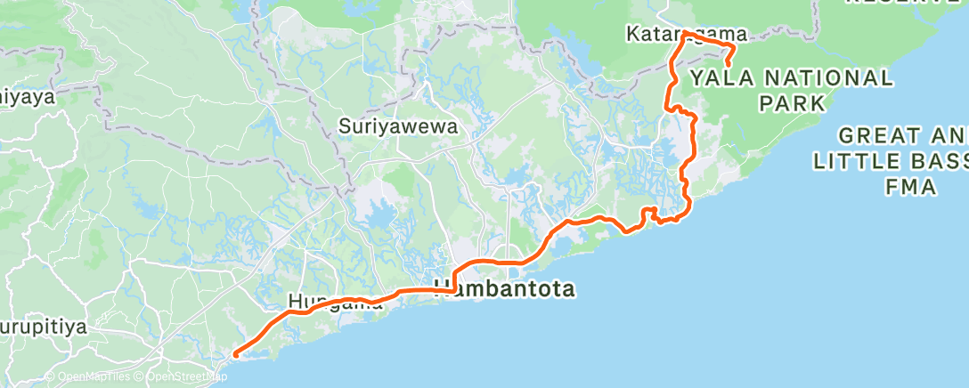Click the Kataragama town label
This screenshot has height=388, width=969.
[x=686, y=34]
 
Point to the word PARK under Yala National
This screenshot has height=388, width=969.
[x=792, y=103]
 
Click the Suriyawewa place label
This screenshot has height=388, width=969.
[x=398, y=127]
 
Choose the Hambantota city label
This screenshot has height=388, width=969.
[x=504, y=289]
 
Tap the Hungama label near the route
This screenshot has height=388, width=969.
[x=335, y=303]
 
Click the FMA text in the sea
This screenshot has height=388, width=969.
[x=910, y=186]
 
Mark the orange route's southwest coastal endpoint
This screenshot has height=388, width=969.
[x=234, y=355]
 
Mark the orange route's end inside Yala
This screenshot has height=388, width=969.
[x=729, y=65]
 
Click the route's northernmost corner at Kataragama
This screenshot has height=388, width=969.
[x=685, y=34]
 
